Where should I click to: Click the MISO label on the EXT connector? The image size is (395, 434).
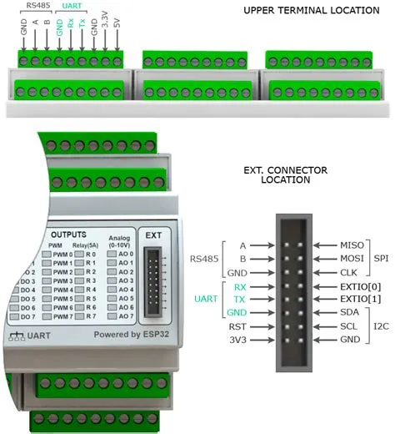tap(352, 245)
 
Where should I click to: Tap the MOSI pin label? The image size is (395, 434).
tap(352, 259)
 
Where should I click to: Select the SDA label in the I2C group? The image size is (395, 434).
tap(349, 312)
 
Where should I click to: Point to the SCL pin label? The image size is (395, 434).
tap(349, 326)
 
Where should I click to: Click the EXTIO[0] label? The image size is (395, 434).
tap(360, 286)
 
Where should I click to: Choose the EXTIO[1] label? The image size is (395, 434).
tap(360, 299)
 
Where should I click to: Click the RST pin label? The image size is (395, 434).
tap(237, 326)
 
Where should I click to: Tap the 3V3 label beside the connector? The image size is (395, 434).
tap(237, 340)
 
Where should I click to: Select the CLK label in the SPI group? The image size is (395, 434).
tap(348, 272)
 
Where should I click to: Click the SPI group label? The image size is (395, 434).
tap(381, 259)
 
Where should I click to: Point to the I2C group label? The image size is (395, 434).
tap(381, 326)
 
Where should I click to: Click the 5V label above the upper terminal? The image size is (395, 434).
tap(117, 23)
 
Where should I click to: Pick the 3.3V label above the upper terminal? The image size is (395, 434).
tap(105, 19)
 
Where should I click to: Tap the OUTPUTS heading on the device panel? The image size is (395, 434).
tap(68, 235)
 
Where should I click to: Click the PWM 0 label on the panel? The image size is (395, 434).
tap(62, 255)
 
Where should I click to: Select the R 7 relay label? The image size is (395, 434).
tap(91, 316)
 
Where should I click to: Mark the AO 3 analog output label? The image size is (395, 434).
tap(126, 280)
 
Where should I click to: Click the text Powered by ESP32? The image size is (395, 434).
tap(132, 335)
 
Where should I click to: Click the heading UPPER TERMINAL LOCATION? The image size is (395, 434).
tap(312, 11)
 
